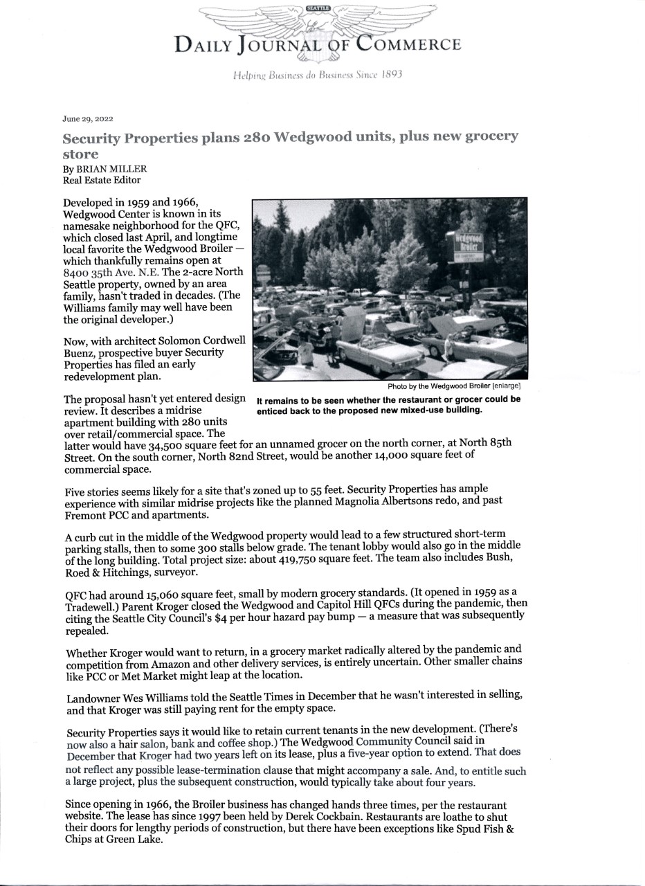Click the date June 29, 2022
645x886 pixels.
pyautogui.click(x=87, y=118)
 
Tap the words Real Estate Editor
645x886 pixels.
pyautogui.click(x=102, y=180)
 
